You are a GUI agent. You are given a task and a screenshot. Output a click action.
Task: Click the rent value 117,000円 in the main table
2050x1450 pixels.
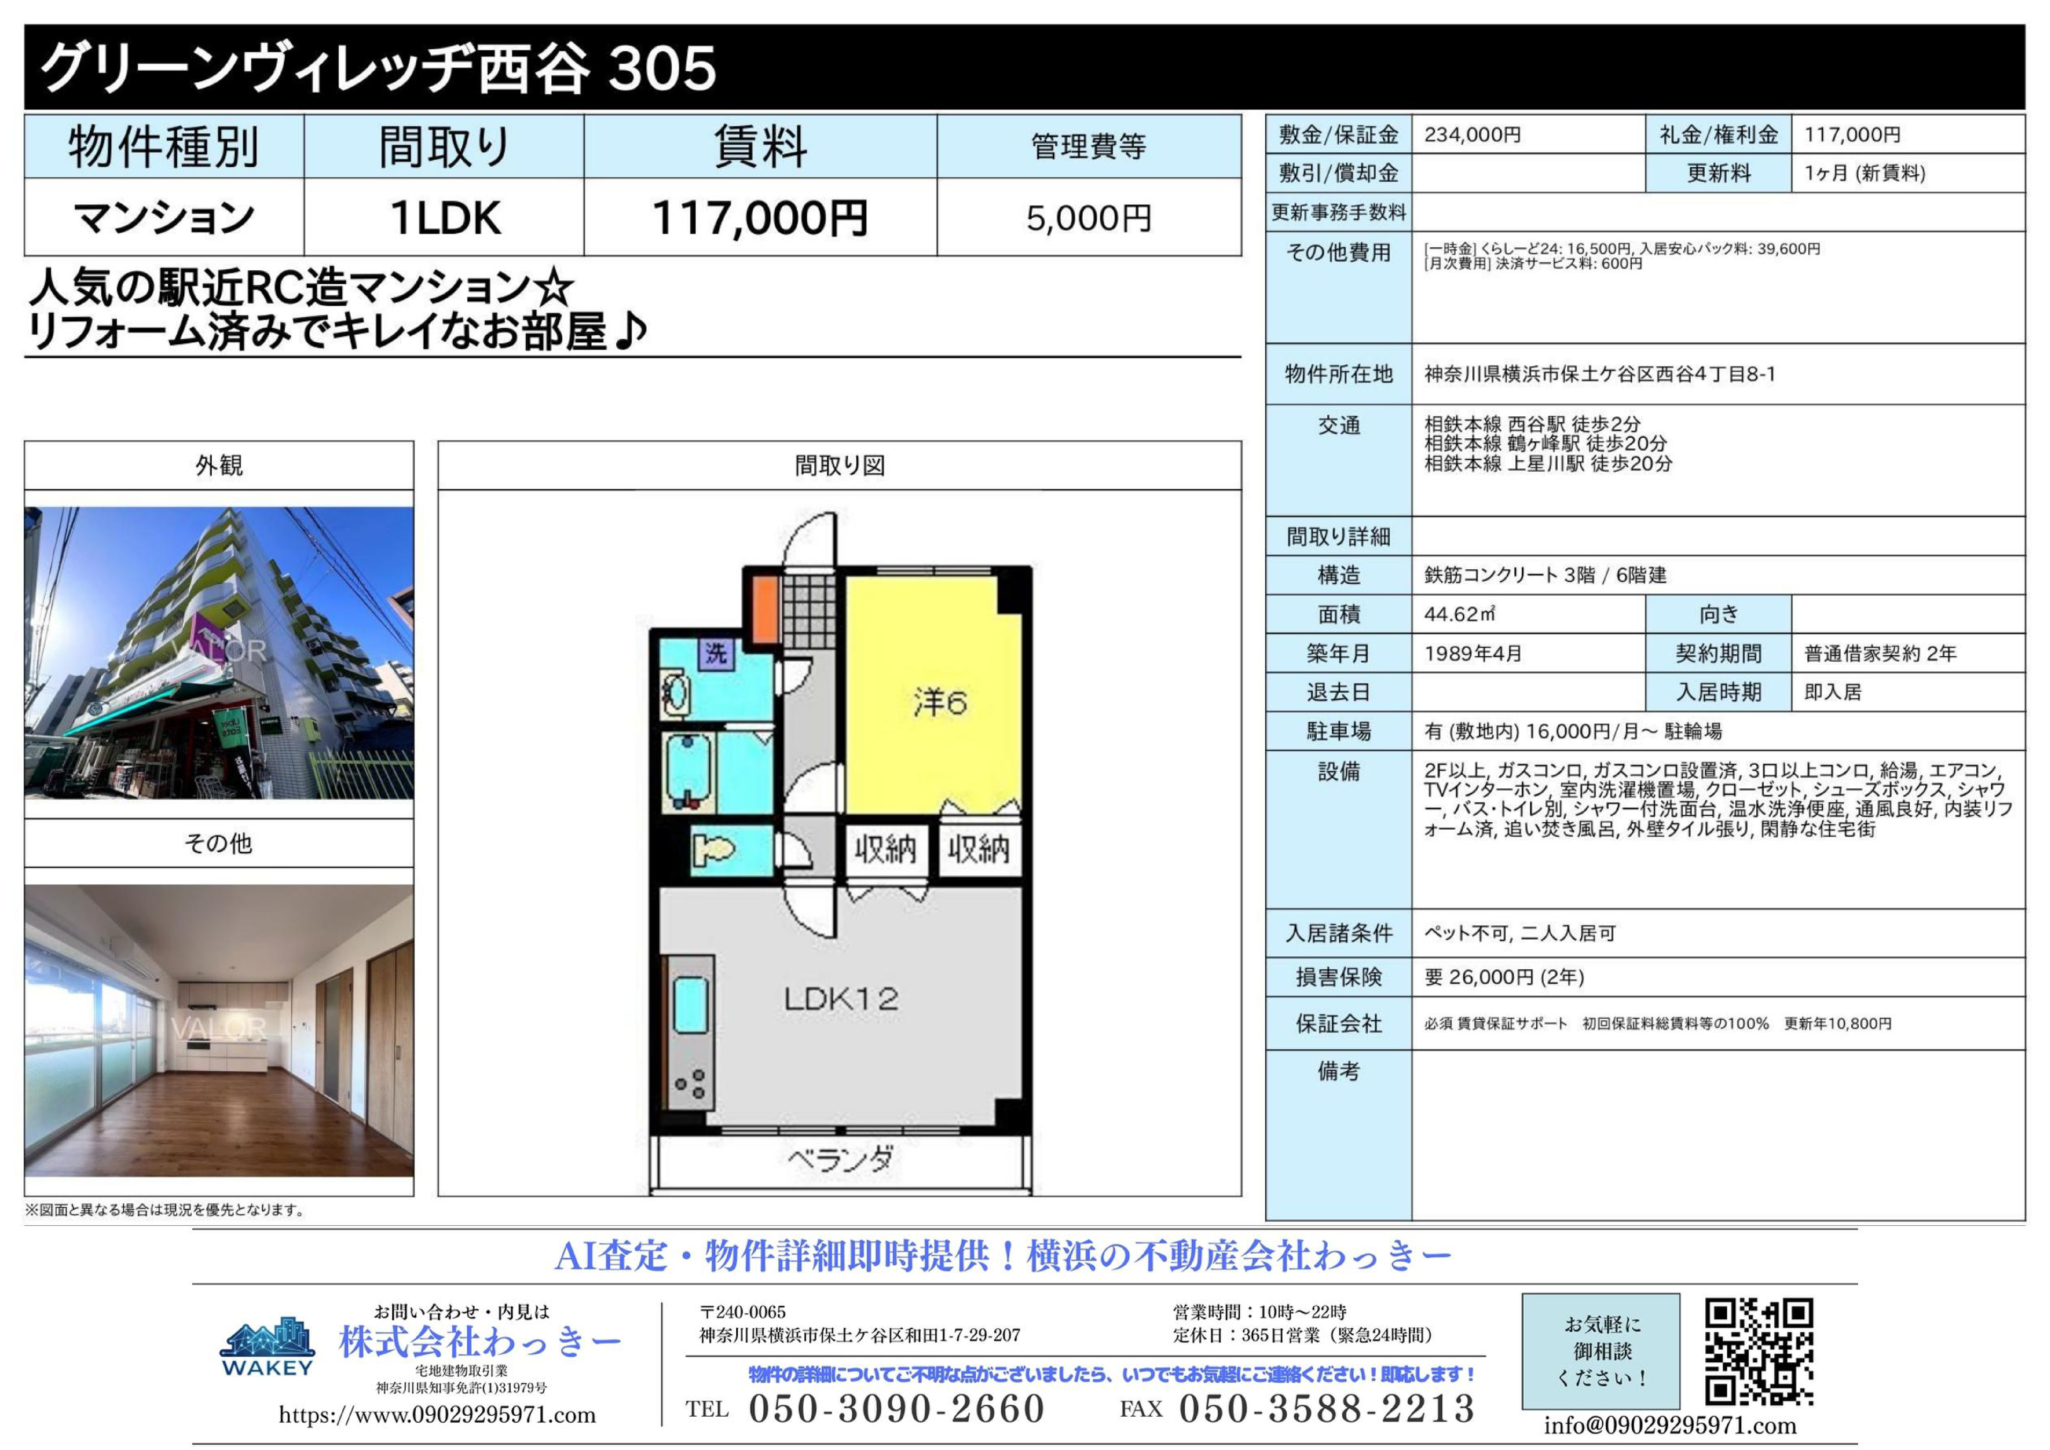point(760,218)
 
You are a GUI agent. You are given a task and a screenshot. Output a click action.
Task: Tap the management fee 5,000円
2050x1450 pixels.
point(1088,218)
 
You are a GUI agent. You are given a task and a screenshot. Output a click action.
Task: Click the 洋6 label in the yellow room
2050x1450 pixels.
point(939,703)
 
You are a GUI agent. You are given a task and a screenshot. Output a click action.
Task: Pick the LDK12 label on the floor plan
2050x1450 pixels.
point(841,998)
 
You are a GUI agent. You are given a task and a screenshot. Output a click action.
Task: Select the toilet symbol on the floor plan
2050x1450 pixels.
point(714,848)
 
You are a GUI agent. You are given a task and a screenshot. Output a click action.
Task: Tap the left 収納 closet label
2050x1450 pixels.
point(885,849)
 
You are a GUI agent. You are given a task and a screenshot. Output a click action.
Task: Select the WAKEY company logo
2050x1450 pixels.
point(267,1347)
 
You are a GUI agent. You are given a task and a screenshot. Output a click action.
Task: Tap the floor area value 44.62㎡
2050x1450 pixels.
point(1460,614)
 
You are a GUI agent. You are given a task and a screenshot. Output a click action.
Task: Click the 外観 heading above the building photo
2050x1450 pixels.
point(219,465)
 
